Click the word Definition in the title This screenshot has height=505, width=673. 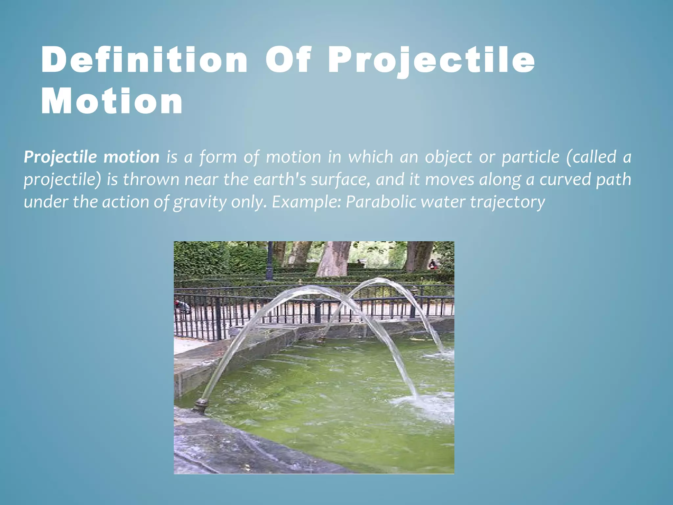click(x=145, y=60)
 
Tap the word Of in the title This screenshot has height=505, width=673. click(x=288, y=60)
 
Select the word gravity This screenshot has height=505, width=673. click(x=200, y=202)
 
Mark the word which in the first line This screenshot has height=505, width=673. click(x=371, y=157)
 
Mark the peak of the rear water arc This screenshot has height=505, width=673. click(x=378, y=280)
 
